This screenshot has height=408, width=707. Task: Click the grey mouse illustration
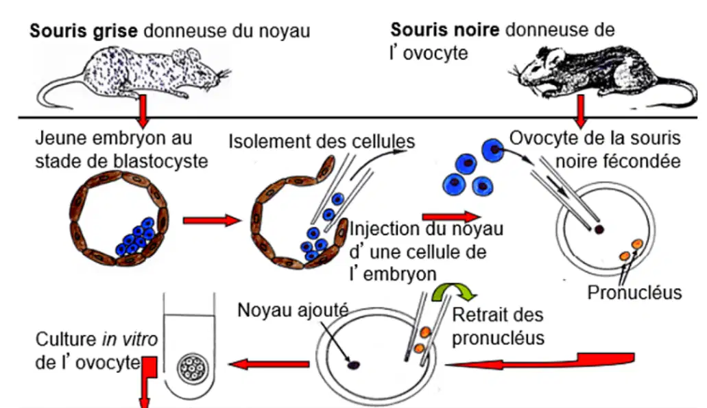[135, 74]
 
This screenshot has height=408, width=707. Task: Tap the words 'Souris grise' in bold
[84, 31]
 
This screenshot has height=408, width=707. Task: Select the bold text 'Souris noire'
[444, 29]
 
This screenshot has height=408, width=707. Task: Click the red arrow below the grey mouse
[143, 111]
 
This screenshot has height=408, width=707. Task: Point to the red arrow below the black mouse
[581, 111]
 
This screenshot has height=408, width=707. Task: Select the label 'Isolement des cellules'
[322, 141]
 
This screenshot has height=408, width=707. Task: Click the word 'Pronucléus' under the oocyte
[634, 293]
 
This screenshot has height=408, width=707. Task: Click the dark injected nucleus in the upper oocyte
[599, 229]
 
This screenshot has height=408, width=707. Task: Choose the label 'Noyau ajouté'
[293, 310]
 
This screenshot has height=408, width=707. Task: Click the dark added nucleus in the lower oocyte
[353, 365]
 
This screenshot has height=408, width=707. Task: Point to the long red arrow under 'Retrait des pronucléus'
[540, 361]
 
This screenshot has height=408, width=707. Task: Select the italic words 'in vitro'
[130, 339]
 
